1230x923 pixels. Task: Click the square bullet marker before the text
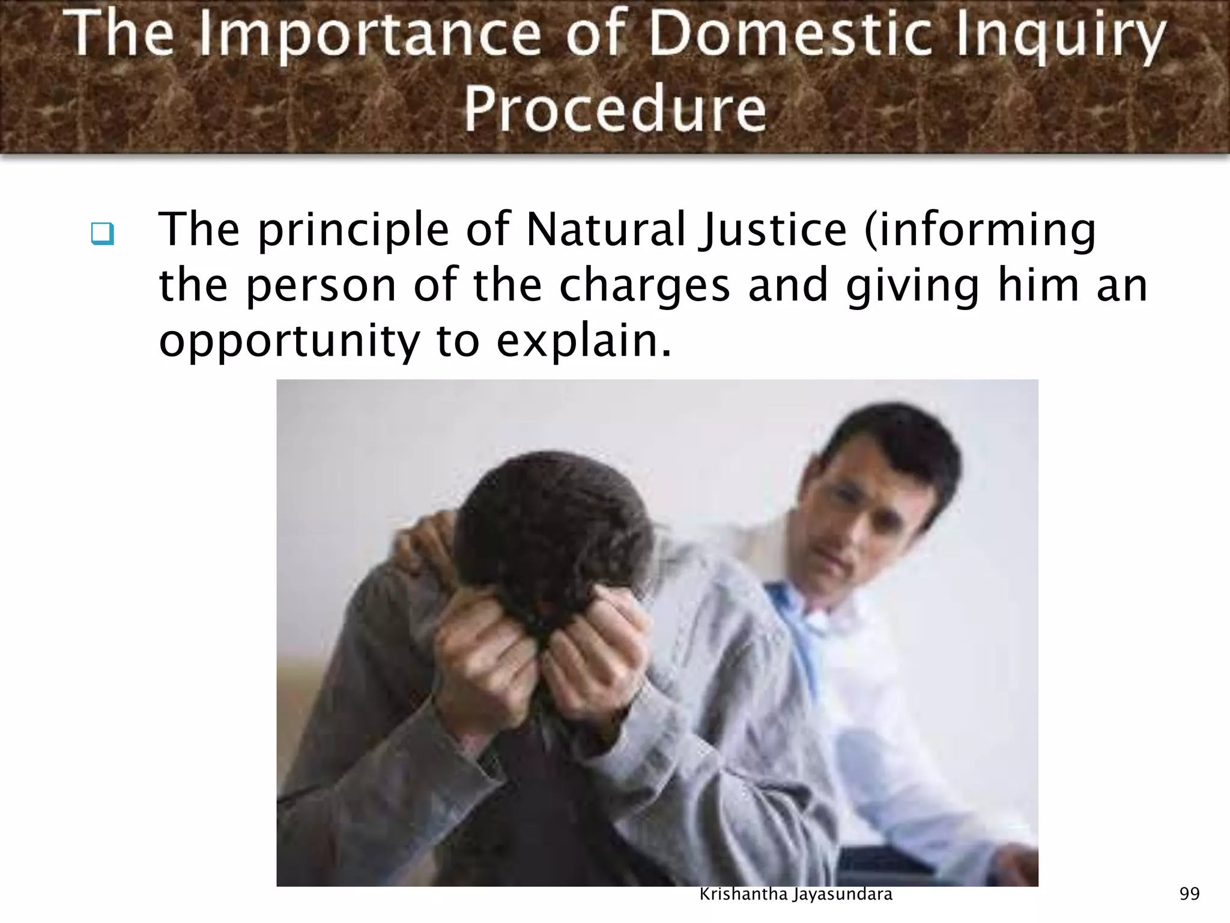point(103,233)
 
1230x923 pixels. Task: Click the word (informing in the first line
point(980,231)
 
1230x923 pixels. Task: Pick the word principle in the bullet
point(354,231)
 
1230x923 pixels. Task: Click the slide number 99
point(1189,894)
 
